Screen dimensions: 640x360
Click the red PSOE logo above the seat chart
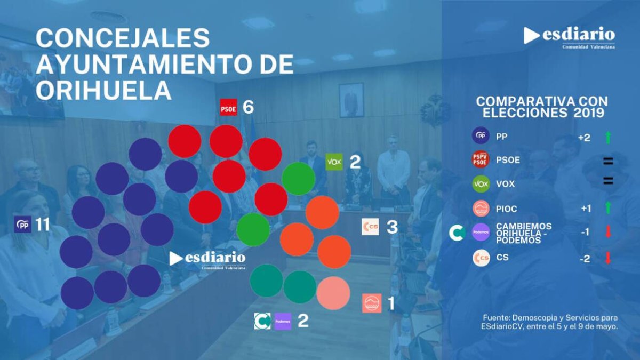(228, 107)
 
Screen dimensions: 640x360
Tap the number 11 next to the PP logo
(43, 225)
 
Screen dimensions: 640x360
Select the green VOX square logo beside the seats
(334, 162)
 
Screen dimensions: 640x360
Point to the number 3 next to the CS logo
(392, 227)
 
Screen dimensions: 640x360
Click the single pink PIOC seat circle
(333, 293)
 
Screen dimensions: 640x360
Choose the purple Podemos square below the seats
(283, 322)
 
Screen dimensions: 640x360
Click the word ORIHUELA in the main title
(103, 90)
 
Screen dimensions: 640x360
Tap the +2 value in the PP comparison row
(584, 138)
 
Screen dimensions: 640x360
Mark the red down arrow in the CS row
(608, 258)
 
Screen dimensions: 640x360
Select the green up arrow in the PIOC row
(608, 207)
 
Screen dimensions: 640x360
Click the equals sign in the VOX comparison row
(608, 181)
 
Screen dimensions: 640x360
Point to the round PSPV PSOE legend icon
(481, 159)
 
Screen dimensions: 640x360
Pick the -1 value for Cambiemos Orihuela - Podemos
(585, 233)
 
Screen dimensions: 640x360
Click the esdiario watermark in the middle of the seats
(207, 260)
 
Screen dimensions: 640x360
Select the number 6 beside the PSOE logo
(248, 107)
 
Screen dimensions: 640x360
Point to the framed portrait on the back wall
(351, 100)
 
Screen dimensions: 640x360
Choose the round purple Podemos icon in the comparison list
(481, 232)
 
